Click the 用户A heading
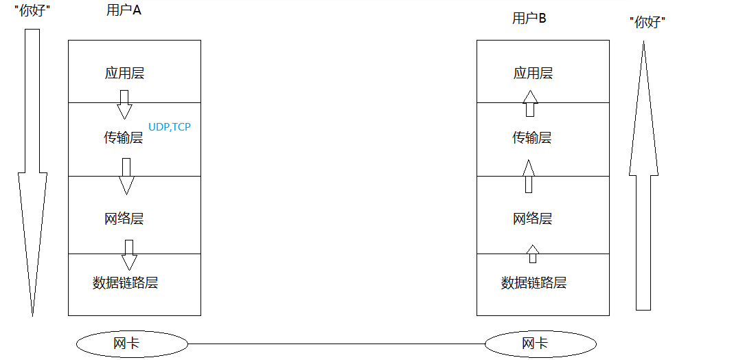(x=124, y=10)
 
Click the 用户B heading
(x=529, y=19)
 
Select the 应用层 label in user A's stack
(x=124, y=74)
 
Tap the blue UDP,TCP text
(x=170, y=127)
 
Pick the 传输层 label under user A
(x=124, y=137)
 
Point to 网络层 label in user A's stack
(x=124, y=219)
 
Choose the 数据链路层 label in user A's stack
(x=126, y=282)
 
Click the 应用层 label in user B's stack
(x=533, y=74)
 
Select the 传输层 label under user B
(x=532, y=137)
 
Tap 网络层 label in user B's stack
(x=533, y=219)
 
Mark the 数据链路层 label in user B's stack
(x=534, y=282)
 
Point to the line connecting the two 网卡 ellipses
(x=336, y=344)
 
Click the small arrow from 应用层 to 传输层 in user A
(x=124, y=104)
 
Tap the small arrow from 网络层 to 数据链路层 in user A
(x=128, y=255)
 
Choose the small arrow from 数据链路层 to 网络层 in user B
(x=532, y=254)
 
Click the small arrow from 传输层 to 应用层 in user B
(x=529, y=104)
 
